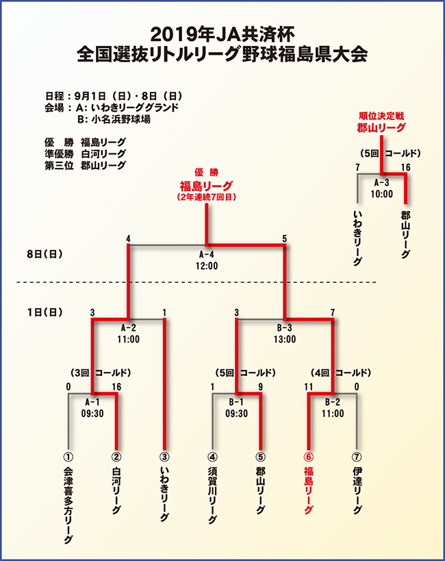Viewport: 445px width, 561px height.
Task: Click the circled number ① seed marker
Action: pyautogui.click(x=68, y=457)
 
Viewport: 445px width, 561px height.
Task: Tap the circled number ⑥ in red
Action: pyautogui.click(x=308, y=457)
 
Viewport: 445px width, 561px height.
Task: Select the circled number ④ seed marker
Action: pyautogui.click(x=212, y=457)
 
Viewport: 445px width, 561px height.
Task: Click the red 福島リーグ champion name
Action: pyautogui.click(x=206, y=186)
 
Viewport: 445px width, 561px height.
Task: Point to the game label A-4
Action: pyautogui.click(x=207, y=255)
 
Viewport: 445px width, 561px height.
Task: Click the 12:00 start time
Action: pyautogui.click(x=207, y=266)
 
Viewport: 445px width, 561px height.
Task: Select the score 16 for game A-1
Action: pyautogui.click(x=116, y=387)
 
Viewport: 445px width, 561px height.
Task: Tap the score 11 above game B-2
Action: pyautogui.click(x=309, y=387)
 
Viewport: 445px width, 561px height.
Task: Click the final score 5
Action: pyautogui.click(x=284, y=238)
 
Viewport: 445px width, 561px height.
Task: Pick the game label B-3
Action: pyautogui.click(x=285, y=327)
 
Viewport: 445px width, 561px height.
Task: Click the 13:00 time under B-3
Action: pyautogui.click(x=285, y=339)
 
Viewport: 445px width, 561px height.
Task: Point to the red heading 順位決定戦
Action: pyautogui.click(x=381, y=116)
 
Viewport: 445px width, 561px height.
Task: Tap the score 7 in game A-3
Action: pyautogui.click(x=357, y=167)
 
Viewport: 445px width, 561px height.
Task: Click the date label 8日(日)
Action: pyautogui.click(x=44, y=254)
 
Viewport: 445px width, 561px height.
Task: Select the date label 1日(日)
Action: pyautogui.click(x=44, y=312)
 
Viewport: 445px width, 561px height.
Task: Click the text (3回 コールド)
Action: pyautogui.click(x=101, y=373)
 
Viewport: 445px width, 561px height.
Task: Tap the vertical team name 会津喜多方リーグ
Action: pyautogui.click(x=68, y=506)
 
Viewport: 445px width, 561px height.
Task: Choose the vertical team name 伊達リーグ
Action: pyautogui.click(x=357, y=490)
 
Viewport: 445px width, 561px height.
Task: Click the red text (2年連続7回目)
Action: pyautogui.click(x=206, y=197)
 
